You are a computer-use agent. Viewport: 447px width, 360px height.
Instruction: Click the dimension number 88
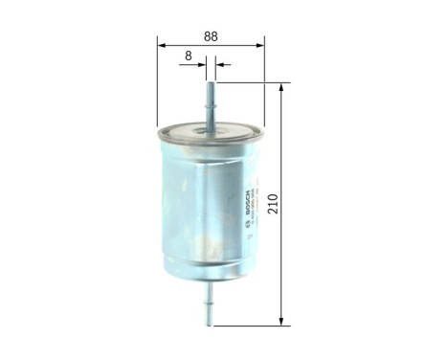pos(211,36)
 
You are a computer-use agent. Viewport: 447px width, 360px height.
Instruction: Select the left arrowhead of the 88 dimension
pos(162,45)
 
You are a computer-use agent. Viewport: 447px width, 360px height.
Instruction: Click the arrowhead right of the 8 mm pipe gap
pos(219,65)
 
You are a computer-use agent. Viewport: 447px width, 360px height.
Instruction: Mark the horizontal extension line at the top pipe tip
pos(249,83)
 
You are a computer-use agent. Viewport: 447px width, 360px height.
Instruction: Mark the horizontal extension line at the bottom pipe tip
pos(249,324)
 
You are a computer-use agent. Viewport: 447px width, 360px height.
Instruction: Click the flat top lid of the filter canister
pos(210,131)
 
